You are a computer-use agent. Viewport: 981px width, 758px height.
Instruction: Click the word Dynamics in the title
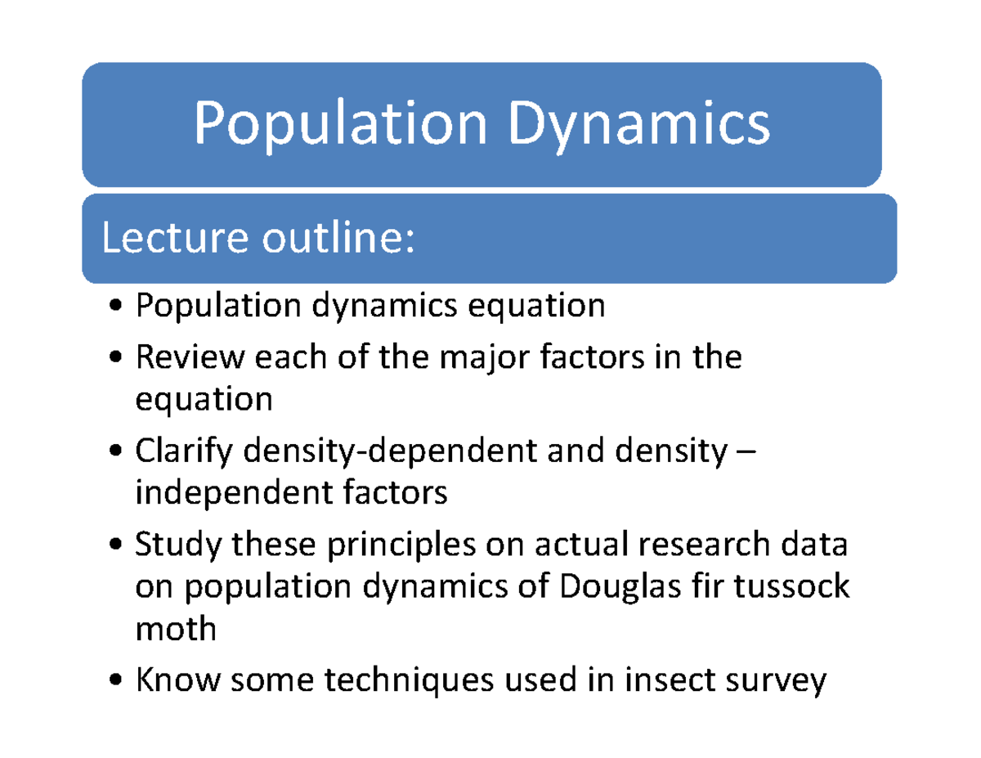(639, 125)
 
